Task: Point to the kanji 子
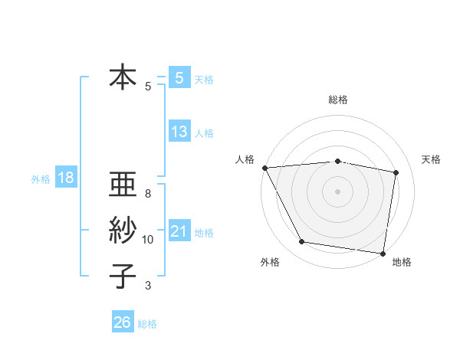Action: click(123, 276)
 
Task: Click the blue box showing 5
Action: click(179, 77)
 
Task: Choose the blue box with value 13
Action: click(179, 132)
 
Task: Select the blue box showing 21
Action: click(179, 231)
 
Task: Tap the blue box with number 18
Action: click(66, 178)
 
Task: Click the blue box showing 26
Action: click(122, 322)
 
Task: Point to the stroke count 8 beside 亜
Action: click(148, 193)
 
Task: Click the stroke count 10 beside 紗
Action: click(148, 240)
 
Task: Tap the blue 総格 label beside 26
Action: click(147, 324)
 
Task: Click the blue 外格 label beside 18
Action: click(41, 180)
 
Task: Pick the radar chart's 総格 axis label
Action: click(337, 100)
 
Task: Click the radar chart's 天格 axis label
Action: click(431, 159)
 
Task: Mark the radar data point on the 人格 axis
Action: click(264, 168)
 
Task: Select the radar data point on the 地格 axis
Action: click(383, 253)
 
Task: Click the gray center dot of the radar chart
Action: click(337, 191)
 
